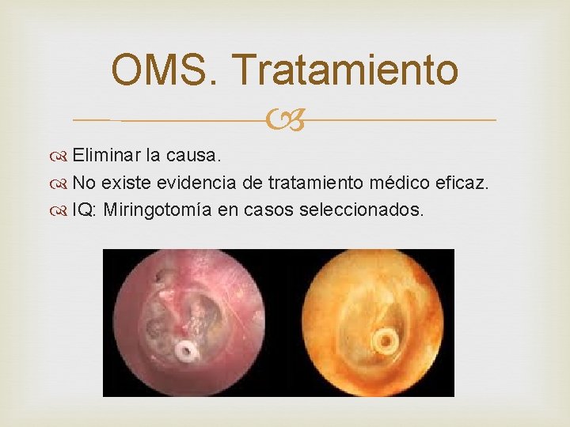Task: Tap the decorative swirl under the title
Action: point(285,120)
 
